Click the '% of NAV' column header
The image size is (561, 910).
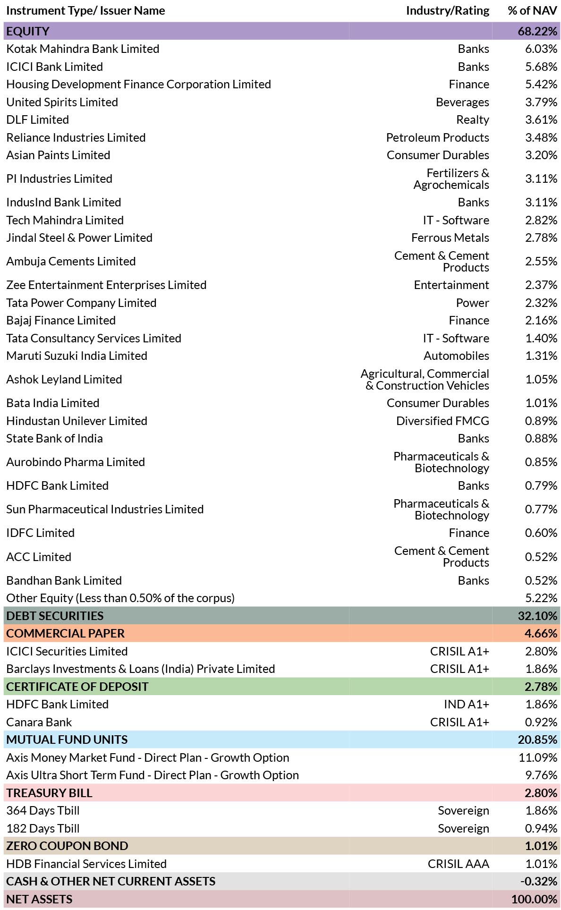tap(532, 10)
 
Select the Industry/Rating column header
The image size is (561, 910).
tap(448, 11)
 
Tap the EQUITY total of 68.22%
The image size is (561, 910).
tap(537, 31)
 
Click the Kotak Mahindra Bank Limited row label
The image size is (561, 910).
tap(83, 49)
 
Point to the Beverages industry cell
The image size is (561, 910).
tap(462, 102)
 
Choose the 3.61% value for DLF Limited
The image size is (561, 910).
tap(541, 120)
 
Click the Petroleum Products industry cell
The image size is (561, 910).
tap(437, 138)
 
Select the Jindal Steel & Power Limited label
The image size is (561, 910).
tap(79, 238)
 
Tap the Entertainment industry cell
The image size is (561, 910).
tap(451, 285)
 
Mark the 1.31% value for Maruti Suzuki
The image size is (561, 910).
tap(541, 356)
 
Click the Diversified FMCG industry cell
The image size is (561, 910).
tap(442, 421)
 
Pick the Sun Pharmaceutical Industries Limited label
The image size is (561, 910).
tap(105, 510)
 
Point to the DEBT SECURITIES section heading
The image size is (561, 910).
tap(55, 616)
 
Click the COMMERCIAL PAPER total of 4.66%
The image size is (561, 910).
tap(541, 634)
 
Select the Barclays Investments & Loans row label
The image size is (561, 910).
tap(141, 669)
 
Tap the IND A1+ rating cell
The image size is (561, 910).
tap(467, 705)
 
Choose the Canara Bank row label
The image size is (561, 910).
tap(39, 723)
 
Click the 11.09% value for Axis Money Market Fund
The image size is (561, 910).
tap(538, 758)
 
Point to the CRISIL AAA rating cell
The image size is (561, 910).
tap(459, 864)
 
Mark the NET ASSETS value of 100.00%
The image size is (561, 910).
tap(534, 900)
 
